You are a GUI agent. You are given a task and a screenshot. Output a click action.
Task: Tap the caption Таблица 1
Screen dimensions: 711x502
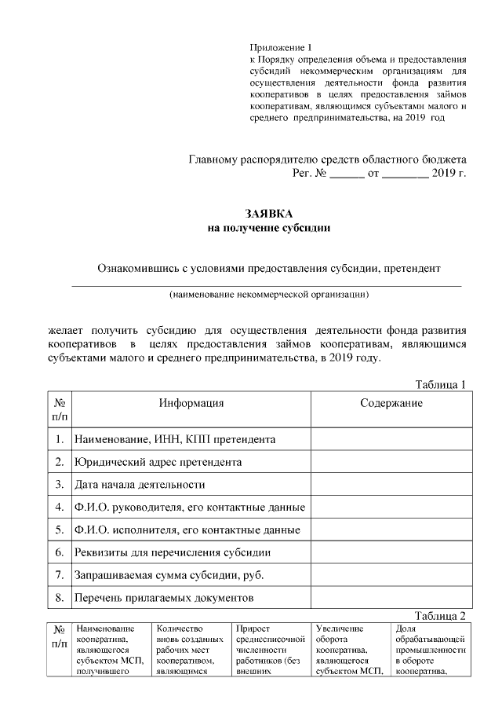coord(440,384)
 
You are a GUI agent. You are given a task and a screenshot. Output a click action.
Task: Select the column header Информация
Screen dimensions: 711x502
coord(191,404)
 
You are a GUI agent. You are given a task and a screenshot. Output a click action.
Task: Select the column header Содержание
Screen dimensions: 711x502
coord(391,404)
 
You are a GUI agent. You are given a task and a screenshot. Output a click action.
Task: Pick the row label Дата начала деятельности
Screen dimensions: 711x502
coord(139,484)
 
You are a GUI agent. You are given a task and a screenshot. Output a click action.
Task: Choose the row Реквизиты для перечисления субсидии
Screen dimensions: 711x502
coord(173,552)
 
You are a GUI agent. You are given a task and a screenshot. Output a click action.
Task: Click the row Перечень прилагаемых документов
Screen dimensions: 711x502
coord(163,598)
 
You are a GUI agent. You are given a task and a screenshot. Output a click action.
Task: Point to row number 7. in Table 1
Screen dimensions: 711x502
coord(59,575)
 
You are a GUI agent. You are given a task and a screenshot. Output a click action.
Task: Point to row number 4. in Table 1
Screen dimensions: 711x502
coord(59,507)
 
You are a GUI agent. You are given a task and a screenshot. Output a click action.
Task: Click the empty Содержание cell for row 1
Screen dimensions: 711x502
coord(391,438)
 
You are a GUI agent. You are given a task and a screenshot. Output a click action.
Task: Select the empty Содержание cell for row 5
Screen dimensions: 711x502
coord(391,530)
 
